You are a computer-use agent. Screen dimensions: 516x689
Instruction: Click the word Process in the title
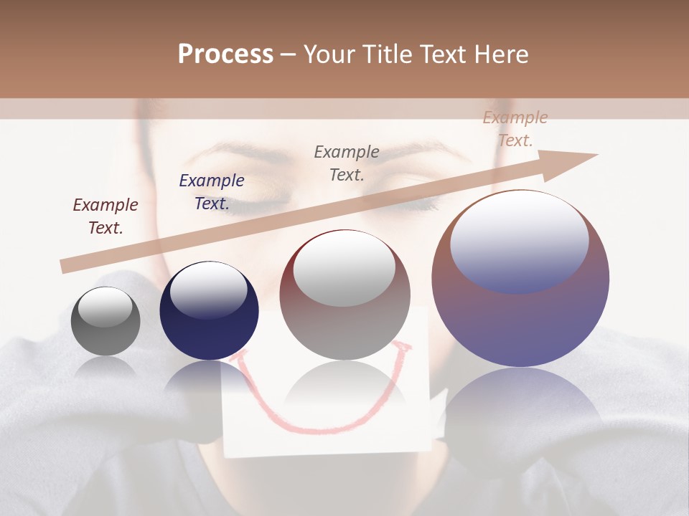point(225,54)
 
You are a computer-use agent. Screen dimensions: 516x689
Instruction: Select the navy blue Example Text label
point(212,192)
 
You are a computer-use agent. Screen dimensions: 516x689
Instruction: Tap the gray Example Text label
point(347,163)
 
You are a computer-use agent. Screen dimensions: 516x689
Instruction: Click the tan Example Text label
point(515,129)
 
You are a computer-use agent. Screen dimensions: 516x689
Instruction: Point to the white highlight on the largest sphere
point(520,240)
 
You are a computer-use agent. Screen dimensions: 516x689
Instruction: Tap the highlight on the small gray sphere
point(105,307)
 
